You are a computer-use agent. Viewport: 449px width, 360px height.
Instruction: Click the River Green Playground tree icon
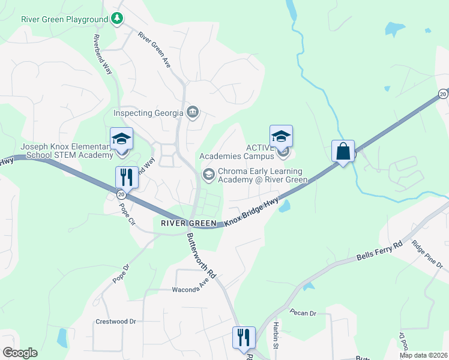(118, 19)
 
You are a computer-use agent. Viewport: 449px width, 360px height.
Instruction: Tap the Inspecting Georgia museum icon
(193, 112)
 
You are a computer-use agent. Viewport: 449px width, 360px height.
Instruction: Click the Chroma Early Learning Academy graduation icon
(208, 175)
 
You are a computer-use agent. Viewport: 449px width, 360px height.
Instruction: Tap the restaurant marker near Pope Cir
(126, 177)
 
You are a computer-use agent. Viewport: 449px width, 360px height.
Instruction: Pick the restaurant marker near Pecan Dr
(244, 337)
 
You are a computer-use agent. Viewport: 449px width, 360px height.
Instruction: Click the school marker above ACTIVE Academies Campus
(280, 136)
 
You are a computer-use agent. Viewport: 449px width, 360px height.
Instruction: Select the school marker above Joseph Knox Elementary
(121, 139)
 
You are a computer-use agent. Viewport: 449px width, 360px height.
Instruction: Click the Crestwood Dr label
(116, 322)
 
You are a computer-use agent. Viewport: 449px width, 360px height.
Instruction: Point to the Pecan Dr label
(302, 313)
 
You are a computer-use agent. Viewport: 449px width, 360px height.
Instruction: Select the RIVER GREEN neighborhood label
(188, 223)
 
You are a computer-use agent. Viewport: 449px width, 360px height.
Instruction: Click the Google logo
(20, 353)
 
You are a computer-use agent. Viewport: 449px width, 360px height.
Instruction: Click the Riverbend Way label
(103, 54)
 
